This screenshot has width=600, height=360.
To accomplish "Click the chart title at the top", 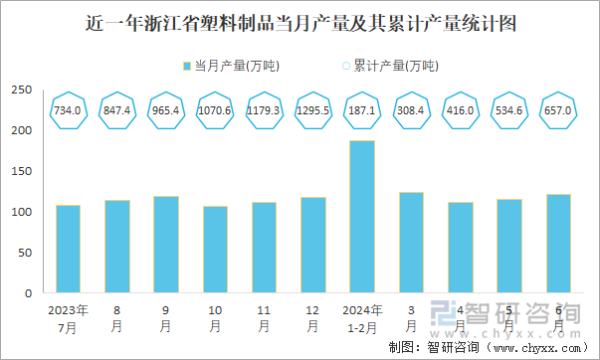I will pyautogui.click(x=300, y=23).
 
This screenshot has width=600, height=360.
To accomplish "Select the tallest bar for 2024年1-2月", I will pyautogui.click(x=361, y=217).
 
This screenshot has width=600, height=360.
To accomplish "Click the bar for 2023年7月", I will pyautogui.click(x=68, y=249).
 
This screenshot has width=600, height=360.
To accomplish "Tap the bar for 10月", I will pyautogui.click(x=215, y=250).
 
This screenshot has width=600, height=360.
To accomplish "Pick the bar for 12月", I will pyautogui.click(x=312, y=245).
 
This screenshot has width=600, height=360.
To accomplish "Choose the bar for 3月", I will pyautogui.click(x=410, y=243).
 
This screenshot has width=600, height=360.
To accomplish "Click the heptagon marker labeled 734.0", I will pyautogui.click(x=68, y=110).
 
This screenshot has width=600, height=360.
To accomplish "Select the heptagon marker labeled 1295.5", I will pyautogui.click(x=312, y=110).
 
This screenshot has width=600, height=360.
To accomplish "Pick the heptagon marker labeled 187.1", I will pyautogui.click(x=361, y=110).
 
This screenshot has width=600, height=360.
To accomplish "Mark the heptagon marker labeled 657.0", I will pyautogui.click(x=556, y=110).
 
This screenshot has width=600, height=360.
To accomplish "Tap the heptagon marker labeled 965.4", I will pyautogui.click(x=165, y=110).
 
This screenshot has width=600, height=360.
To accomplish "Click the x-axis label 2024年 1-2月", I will pyautogui.click(x=361, y=317).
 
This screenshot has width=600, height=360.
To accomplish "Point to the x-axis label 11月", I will pyautogui.click(x=264, y=317).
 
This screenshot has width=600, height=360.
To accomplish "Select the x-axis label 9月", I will pyautogui.click(x=165, y=317).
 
